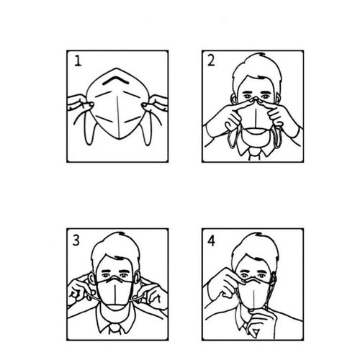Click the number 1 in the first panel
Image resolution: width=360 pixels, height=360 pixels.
point(78,61)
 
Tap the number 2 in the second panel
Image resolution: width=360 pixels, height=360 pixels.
point(211,60)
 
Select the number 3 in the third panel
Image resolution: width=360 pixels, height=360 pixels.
point(76,240)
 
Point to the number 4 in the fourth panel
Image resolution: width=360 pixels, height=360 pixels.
point(211,241)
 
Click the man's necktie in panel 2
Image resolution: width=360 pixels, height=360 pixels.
point(254,154)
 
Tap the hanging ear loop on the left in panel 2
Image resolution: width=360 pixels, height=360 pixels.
point(232,136)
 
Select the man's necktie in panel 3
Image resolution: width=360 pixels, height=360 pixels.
point(116,329)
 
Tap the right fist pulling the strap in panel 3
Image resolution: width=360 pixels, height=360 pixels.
point(154,294)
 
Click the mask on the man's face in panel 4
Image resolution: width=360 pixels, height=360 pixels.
point(254,293)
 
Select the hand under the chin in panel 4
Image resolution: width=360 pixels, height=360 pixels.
point(261,323)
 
